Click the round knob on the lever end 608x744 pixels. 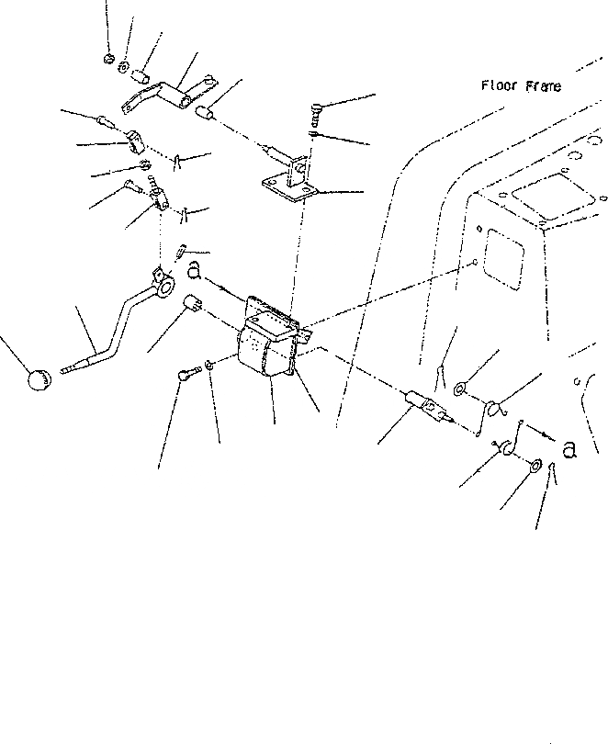(x=39, y=379)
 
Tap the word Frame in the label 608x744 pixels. (x=544, y=86)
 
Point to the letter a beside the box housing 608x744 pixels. (x=194, y=271)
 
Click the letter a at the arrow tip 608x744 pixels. (x=569, y=449)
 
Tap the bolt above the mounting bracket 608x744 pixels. (x=317, y=113)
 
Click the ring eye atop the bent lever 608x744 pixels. (x=165, y=287)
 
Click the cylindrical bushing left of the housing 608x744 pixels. (x=193, y=303)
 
